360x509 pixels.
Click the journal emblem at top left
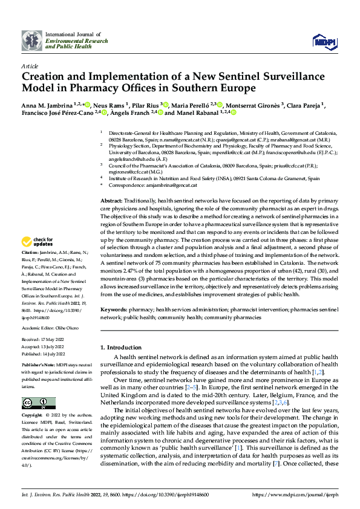[x=32, y=41]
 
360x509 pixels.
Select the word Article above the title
[x=30, y=65]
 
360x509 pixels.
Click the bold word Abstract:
[x=111, y=200]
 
